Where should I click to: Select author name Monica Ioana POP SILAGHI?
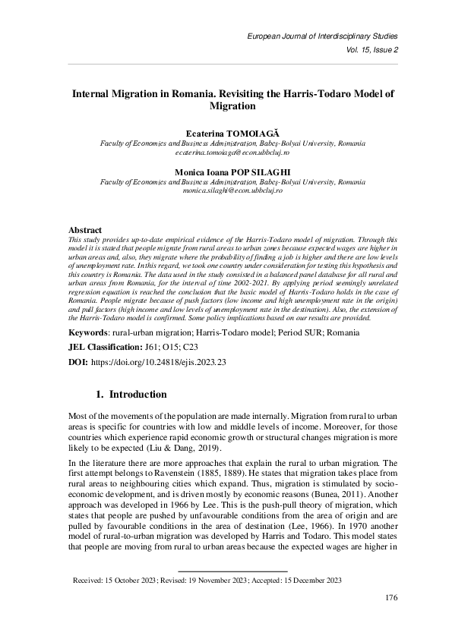tap(226, 172)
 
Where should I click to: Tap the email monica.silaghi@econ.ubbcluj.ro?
tap(226, 192)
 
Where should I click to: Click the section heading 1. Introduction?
tap(128, 395)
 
